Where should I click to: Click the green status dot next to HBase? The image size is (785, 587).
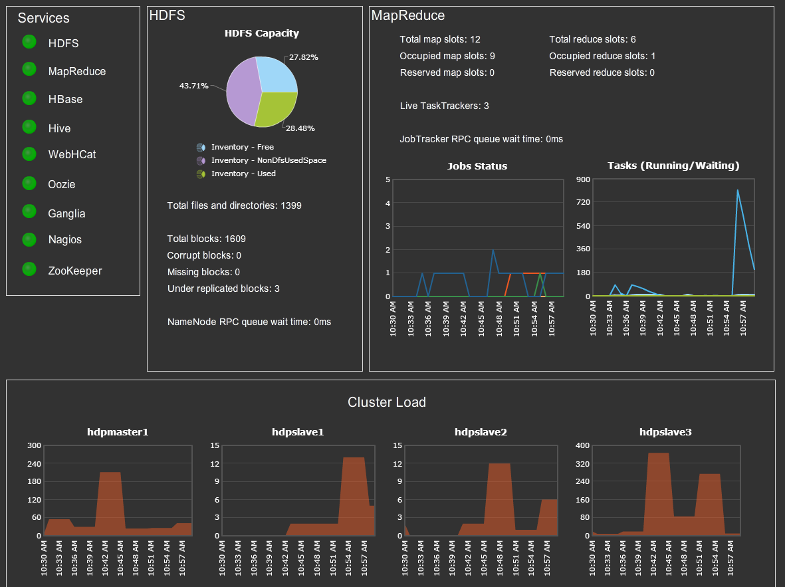(x=29, y=98)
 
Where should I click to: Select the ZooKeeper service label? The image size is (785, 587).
(x=75, y=271)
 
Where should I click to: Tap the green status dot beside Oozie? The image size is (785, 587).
(x=29, y=183)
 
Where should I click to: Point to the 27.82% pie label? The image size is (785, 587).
(x=304, y=57)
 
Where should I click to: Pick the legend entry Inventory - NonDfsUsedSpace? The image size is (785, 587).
(x=269, y=160)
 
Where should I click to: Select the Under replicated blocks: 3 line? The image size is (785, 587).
(x=223, y=289)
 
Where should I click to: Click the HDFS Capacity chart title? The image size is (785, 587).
(x=262, y=33)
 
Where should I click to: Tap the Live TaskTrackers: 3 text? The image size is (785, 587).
(x=445, y=106)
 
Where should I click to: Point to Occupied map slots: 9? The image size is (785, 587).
(x=447, y=56)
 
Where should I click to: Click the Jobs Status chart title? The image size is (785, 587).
(x=477, y=166)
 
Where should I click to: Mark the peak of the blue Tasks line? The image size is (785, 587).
(x=737, y=190)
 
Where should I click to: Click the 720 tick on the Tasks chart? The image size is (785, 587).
(x=582, y=202)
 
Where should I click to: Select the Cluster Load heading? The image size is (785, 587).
(x=387, y=402)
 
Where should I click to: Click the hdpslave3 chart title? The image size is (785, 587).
(x=665, y=432)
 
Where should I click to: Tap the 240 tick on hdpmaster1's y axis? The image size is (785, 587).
(x=33, y=463)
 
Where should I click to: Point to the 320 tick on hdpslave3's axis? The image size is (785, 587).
(x=582, y=463)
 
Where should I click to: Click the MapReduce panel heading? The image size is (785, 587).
(x=408, y=16)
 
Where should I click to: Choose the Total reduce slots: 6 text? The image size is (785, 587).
(x=593, y=39)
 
